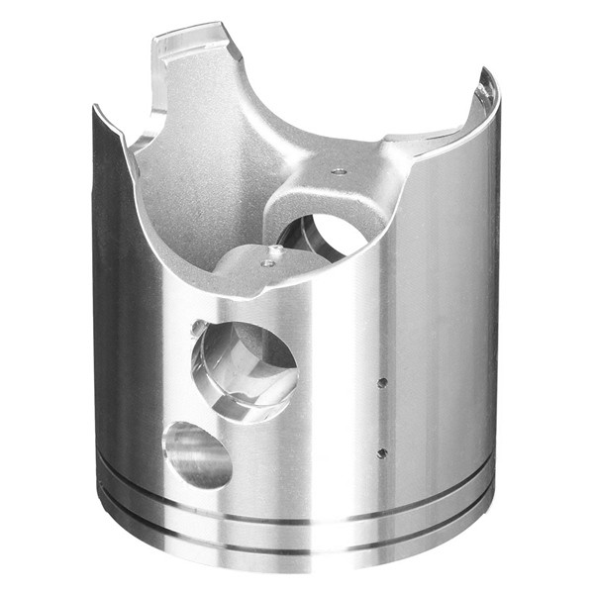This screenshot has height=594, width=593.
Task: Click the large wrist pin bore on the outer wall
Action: pyautogui.click(x=243, y=368)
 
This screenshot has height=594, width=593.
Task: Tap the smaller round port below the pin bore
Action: pyautogui.click(x=197, y=454)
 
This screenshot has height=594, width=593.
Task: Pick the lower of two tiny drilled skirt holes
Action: pyautogui.click(x=382, y=453)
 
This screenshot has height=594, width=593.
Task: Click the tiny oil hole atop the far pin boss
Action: pyautogui.click(x=339, y=170)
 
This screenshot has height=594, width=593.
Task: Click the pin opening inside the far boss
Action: pyautogui.click(x=322, y=234)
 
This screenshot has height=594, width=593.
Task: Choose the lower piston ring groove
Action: pyautogui.click(x=297, y=543)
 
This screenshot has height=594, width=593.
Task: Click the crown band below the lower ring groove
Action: pyautogui.click(x=297, y=562)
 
